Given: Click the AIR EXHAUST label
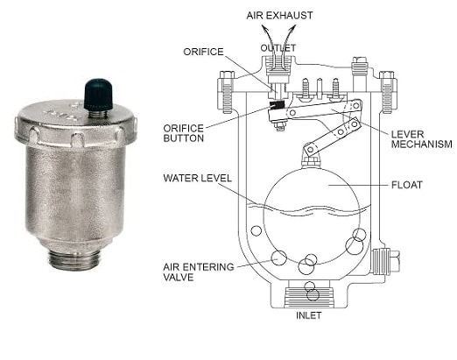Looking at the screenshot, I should click(x=279, y=16).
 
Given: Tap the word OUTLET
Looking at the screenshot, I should click(x=278, y=47).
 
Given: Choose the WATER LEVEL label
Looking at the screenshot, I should click(x=197, y=178).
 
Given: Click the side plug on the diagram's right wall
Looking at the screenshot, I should click(x=383, y=260).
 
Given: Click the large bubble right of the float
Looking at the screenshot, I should click(x=354, y=245).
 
